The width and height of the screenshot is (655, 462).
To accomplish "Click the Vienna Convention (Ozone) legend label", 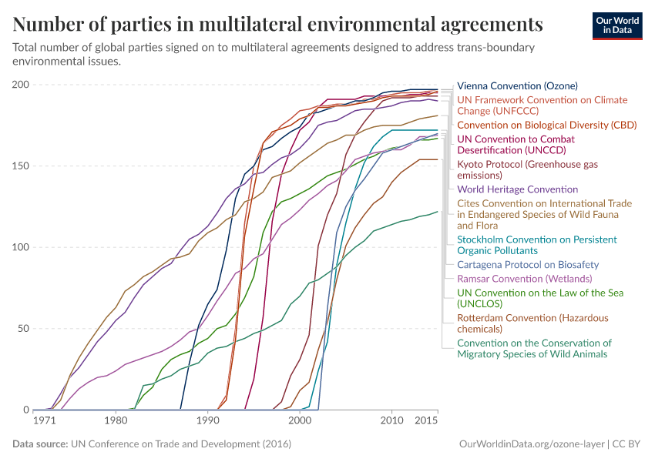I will [517, 85].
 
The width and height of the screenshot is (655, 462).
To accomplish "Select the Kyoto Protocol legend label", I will [527, 169].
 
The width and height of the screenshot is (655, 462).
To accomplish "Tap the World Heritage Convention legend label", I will [517, 189].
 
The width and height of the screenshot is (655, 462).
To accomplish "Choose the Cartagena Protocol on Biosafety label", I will [528, 264].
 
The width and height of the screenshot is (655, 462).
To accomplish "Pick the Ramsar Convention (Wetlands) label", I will [524, 278].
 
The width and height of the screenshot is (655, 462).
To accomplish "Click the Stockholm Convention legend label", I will [536, 245].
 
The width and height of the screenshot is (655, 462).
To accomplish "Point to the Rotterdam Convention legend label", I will [532, 323].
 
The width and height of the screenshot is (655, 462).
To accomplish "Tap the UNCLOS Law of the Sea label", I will [529, 298].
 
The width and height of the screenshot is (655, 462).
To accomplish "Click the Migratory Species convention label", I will [534, 348].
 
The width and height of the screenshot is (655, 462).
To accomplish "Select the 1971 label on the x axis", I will [45, 420].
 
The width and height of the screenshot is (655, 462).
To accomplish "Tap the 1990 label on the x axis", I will [207, 420].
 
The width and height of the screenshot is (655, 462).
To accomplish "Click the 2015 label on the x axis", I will [427, 420].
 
